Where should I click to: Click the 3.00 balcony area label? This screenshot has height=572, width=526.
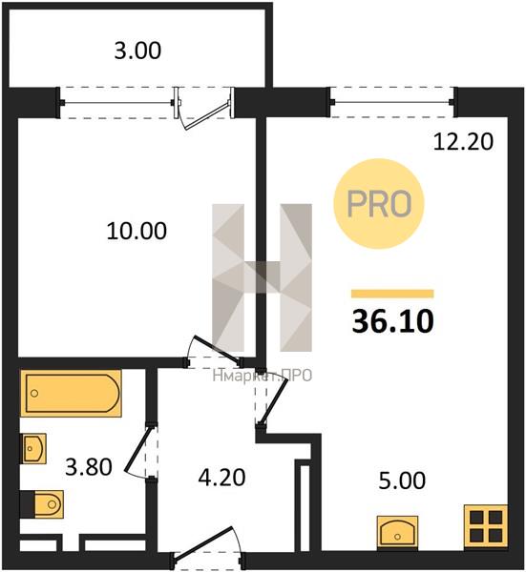point(137,51)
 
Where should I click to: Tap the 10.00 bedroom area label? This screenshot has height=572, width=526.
point(137,231)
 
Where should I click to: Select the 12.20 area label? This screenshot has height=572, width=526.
point(463,142)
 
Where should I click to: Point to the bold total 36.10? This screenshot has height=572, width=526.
point(392,322)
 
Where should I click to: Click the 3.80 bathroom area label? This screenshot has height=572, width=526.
point(89,467)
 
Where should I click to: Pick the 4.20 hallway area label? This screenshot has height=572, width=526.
point(221,478)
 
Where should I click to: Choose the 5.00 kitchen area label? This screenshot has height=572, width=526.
point(402,480)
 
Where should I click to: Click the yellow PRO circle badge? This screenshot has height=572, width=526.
point(379,204)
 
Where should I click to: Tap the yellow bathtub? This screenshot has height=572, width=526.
point(72,393)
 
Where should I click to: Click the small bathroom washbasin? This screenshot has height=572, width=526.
point(34,448)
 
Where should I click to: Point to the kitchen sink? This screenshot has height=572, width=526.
point(397,532)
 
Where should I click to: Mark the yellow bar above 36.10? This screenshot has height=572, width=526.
point(392,294)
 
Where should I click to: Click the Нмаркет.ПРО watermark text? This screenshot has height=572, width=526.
point(263,376)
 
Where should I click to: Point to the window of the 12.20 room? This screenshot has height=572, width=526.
point(392,102)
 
